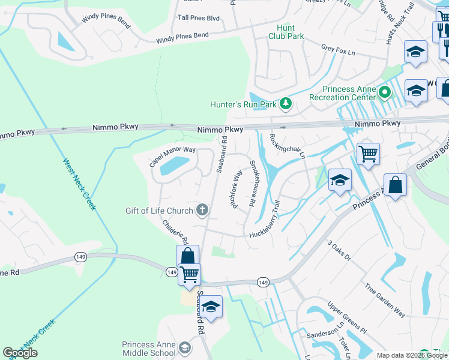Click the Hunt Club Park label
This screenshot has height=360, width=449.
pyautogui.click(x=290, y=32)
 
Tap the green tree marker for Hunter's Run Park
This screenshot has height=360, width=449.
pyautogui.click(x=286, y=104)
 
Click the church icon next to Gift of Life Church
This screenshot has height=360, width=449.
pyautogui.click(x=203, y=210)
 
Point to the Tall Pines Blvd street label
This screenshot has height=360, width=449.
pyautogui.click(x=198, y=18)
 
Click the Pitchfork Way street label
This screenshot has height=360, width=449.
pyautogui.click(x=235, y=189)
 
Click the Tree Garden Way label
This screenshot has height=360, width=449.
pyautogui.click(x=384, y=294)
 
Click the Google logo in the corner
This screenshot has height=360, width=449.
pyautogui.click(x=20, y=353)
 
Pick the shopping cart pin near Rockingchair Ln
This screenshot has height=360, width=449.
pyautogui.click(x=368, y=154)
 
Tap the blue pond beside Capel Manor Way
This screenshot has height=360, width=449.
pyautogui.click(x=173, y=166)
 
